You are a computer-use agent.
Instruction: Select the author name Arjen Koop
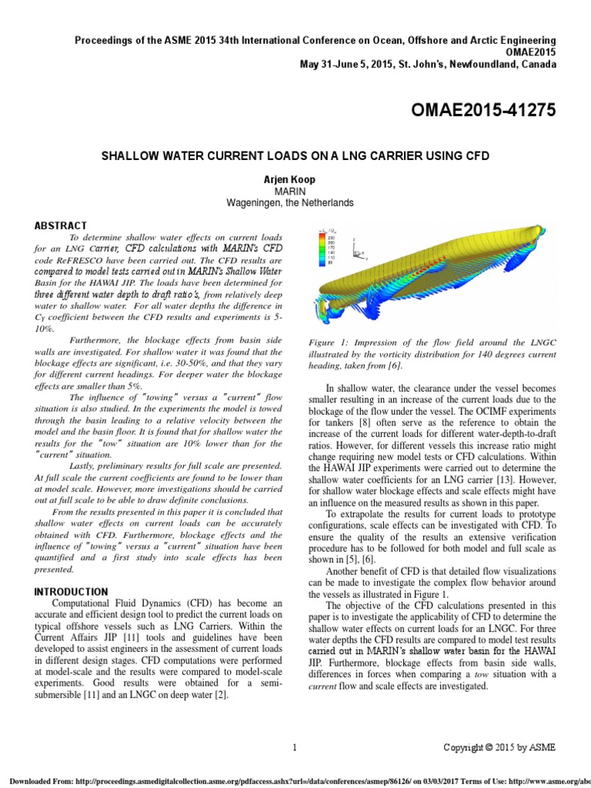295,179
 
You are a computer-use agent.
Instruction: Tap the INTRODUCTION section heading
70,591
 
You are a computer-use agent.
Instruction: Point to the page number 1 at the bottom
295,747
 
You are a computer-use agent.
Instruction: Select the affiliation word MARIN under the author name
295,190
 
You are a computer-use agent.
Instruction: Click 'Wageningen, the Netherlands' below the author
295,203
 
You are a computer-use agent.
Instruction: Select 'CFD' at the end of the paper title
476,156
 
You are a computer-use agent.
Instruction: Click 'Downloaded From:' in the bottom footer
36,780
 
